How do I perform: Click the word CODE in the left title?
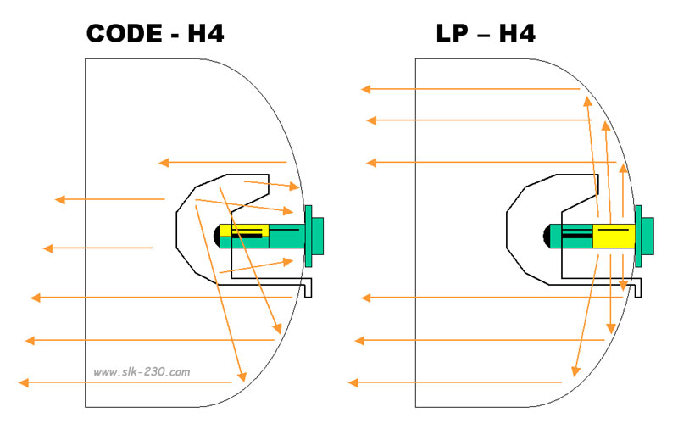point(124,34)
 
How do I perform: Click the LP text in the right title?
point(452,34)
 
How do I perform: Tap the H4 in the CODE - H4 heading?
point(206,34)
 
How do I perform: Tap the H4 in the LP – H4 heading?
point(517,34)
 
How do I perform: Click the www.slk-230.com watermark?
point(142,371)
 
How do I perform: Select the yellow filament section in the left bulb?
point(244,230)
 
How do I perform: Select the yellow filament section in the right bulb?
point(614,236)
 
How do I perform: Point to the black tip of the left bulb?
point(217,236)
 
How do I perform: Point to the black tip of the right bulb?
point(546,236)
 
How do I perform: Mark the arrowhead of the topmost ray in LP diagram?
point(366,89)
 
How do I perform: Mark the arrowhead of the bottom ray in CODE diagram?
point(24,382)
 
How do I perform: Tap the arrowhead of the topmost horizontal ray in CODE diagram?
point(164,163)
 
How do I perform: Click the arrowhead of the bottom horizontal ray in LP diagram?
point(353,382)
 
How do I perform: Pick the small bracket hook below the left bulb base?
point(308,287)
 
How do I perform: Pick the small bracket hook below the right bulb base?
point(637,287)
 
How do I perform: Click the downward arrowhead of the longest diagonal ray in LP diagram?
point(575,371)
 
